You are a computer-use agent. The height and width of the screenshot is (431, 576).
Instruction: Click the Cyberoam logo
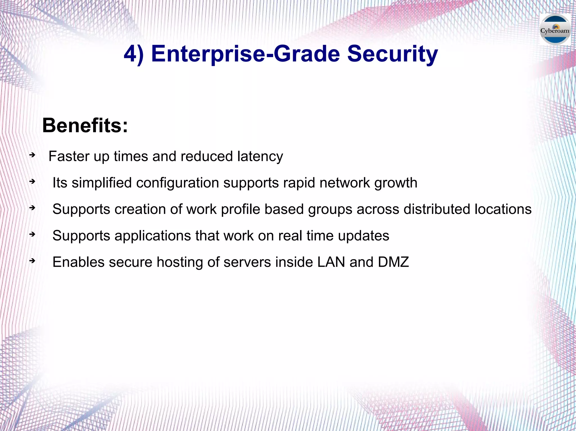point(555,30)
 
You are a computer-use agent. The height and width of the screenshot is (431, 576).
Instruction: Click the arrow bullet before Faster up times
point(32,155)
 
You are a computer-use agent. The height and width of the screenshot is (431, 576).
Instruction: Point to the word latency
point(260,157)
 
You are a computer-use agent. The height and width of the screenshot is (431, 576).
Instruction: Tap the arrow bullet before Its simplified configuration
point(32,182)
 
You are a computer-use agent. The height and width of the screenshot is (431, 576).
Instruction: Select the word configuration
point(177,183)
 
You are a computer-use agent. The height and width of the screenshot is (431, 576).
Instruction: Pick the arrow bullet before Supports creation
point(32,208)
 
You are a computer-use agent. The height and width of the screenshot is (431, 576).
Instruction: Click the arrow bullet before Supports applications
point(32,234)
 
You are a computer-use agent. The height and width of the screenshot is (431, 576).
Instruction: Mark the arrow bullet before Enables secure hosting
point(32,261)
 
